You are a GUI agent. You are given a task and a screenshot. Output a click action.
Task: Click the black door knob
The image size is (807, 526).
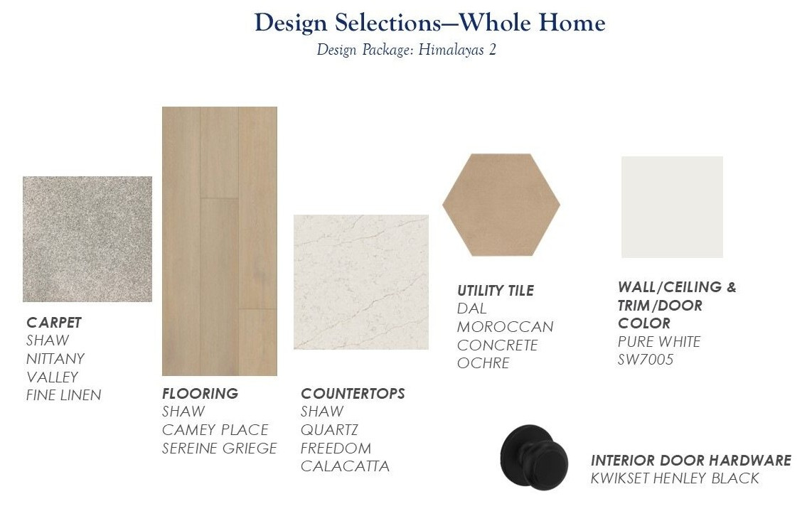point(534,458)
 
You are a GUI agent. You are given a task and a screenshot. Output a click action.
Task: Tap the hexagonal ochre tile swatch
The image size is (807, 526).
point(501,204)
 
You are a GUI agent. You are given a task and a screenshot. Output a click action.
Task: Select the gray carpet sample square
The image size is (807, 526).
point(87,239)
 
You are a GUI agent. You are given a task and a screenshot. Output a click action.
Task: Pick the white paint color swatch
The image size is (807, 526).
point(672,207)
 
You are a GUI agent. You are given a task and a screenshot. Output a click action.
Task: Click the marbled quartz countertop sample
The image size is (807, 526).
point(360,282)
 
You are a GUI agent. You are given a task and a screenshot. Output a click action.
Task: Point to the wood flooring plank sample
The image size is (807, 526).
point(220,241)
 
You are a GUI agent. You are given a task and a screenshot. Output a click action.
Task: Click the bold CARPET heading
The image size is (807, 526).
point(54,323)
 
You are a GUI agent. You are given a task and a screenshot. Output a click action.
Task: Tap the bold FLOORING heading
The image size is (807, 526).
point(201,394)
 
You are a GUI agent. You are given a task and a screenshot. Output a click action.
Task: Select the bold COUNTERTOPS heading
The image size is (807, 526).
point(353,394)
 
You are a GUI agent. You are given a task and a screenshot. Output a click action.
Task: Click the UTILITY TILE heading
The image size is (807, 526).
point(496,291)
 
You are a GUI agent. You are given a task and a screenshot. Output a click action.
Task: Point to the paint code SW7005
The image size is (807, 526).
point(646,359)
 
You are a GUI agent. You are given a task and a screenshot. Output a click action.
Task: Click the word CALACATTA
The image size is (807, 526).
point(345,466)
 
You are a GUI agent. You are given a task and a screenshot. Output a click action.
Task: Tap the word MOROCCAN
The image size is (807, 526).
point(505,327)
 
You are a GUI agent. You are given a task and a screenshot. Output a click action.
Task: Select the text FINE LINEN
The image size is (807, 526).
point(64,395)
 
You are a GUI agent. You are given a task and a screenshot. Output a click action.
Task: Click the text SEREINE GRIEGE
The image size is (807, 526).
point(219,449)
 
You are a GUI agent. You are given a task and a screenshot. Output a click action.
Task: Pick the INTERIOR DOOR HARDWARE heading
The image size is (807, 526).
point(690,460)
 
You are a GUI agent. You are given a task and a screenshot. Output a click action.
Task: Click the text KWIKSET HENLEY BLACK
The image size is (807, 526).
point(675,478)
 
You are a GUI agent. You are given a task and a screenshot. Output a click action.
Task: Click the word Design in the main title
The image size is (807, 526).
point(291,23)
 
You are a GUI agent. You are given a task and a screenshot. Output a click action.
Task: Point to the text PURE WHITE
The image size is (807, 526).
point(659,342)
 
